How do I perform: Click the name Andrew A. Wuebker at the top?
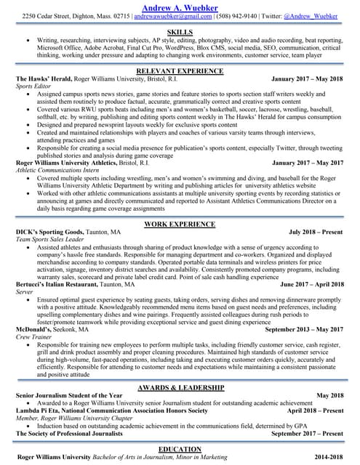[x=180, y=5]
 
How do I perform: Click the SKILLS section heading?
[x=180, y=33]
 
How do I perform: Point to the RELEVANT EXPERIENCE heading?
[x=180, y=71]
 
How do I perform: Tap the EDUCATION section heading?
[x=180, y=450]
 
